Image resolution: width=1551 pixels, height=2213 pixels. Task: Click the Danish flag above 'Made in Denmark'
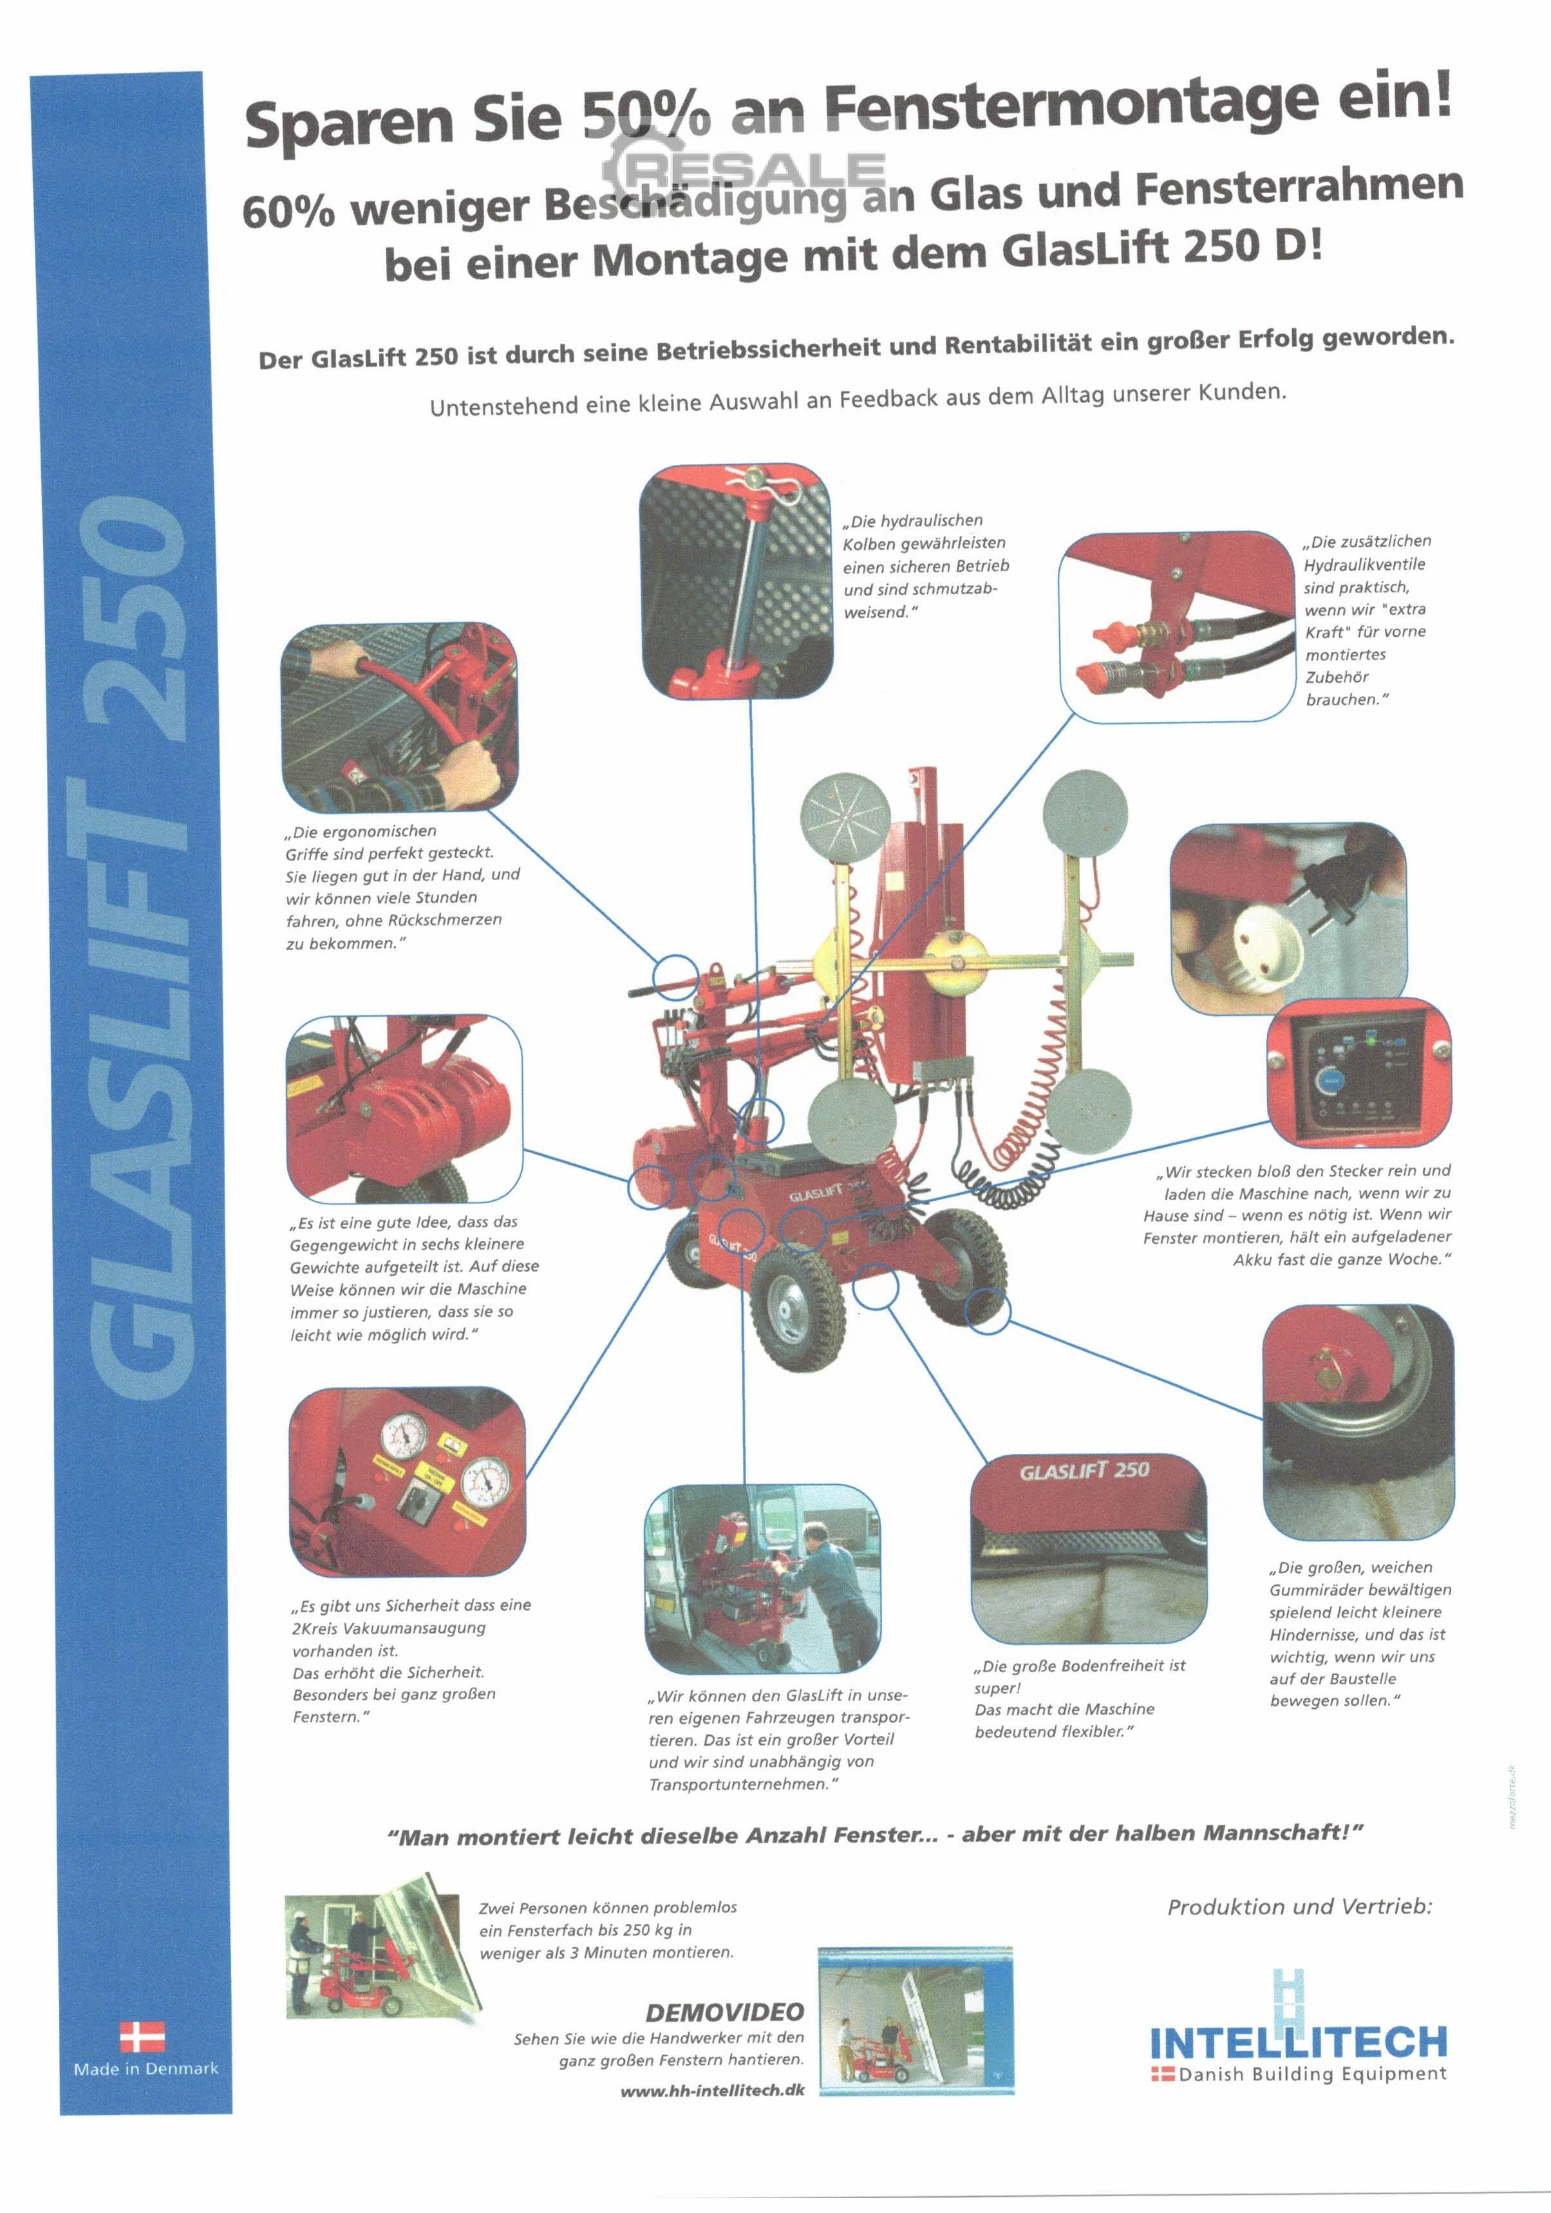142,2038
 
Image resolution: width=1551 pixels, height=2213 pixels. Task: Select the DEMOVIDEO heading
724,2011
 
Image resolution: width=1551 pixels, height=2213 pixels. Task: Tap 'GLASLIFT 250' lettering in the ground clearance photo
1084,1472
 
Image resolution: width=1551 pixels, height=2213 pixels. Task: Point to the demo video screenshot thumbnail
915,2021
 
